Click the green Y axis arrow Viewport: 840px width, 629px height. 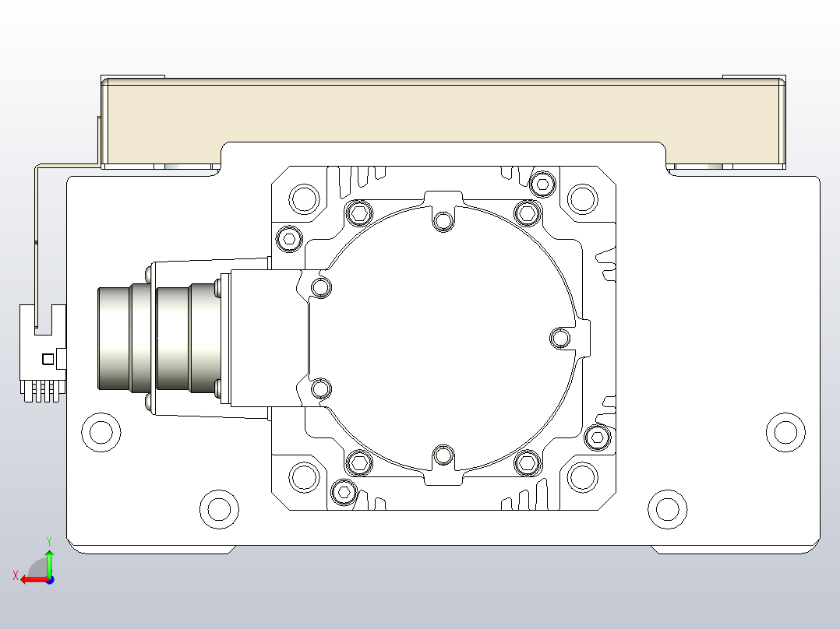click(49, 560)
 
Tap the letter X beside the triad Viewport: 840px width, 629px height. click(15, 575)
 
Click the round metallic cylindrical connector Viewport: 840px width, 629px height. click(156, 338)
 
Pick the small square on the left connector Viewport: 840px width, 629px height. click(48, 358)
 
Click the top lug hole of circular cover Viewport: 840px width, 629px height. click(443, 222)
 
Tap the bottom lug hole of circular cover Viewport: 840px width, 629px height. click(443, 455)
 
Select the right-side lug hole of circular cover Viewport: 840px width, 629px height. click(560, 338)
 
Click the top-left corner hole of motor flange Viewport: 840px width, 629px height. click(304, 199)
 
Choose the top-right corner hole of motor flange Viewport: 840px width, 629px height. click(582, 199)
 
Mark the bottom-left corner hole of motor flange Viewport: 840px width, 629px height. click(304, 476)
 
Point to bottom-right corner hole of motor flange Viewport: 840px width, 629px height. click(582, 476)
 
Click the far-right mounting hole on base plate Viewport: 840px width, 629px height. click(785, 431)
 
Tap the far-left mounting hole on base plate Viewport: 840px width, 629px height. click(101, 431)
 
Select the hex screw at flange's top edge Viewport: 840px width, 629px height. click(542, 184)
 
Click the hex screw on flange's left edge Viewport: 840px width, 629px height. click(289, 239)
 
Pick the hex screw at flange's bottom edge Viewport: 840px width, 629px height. click(343, 492)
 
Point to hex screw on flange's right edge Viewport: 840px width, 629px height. click(597, 437)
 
